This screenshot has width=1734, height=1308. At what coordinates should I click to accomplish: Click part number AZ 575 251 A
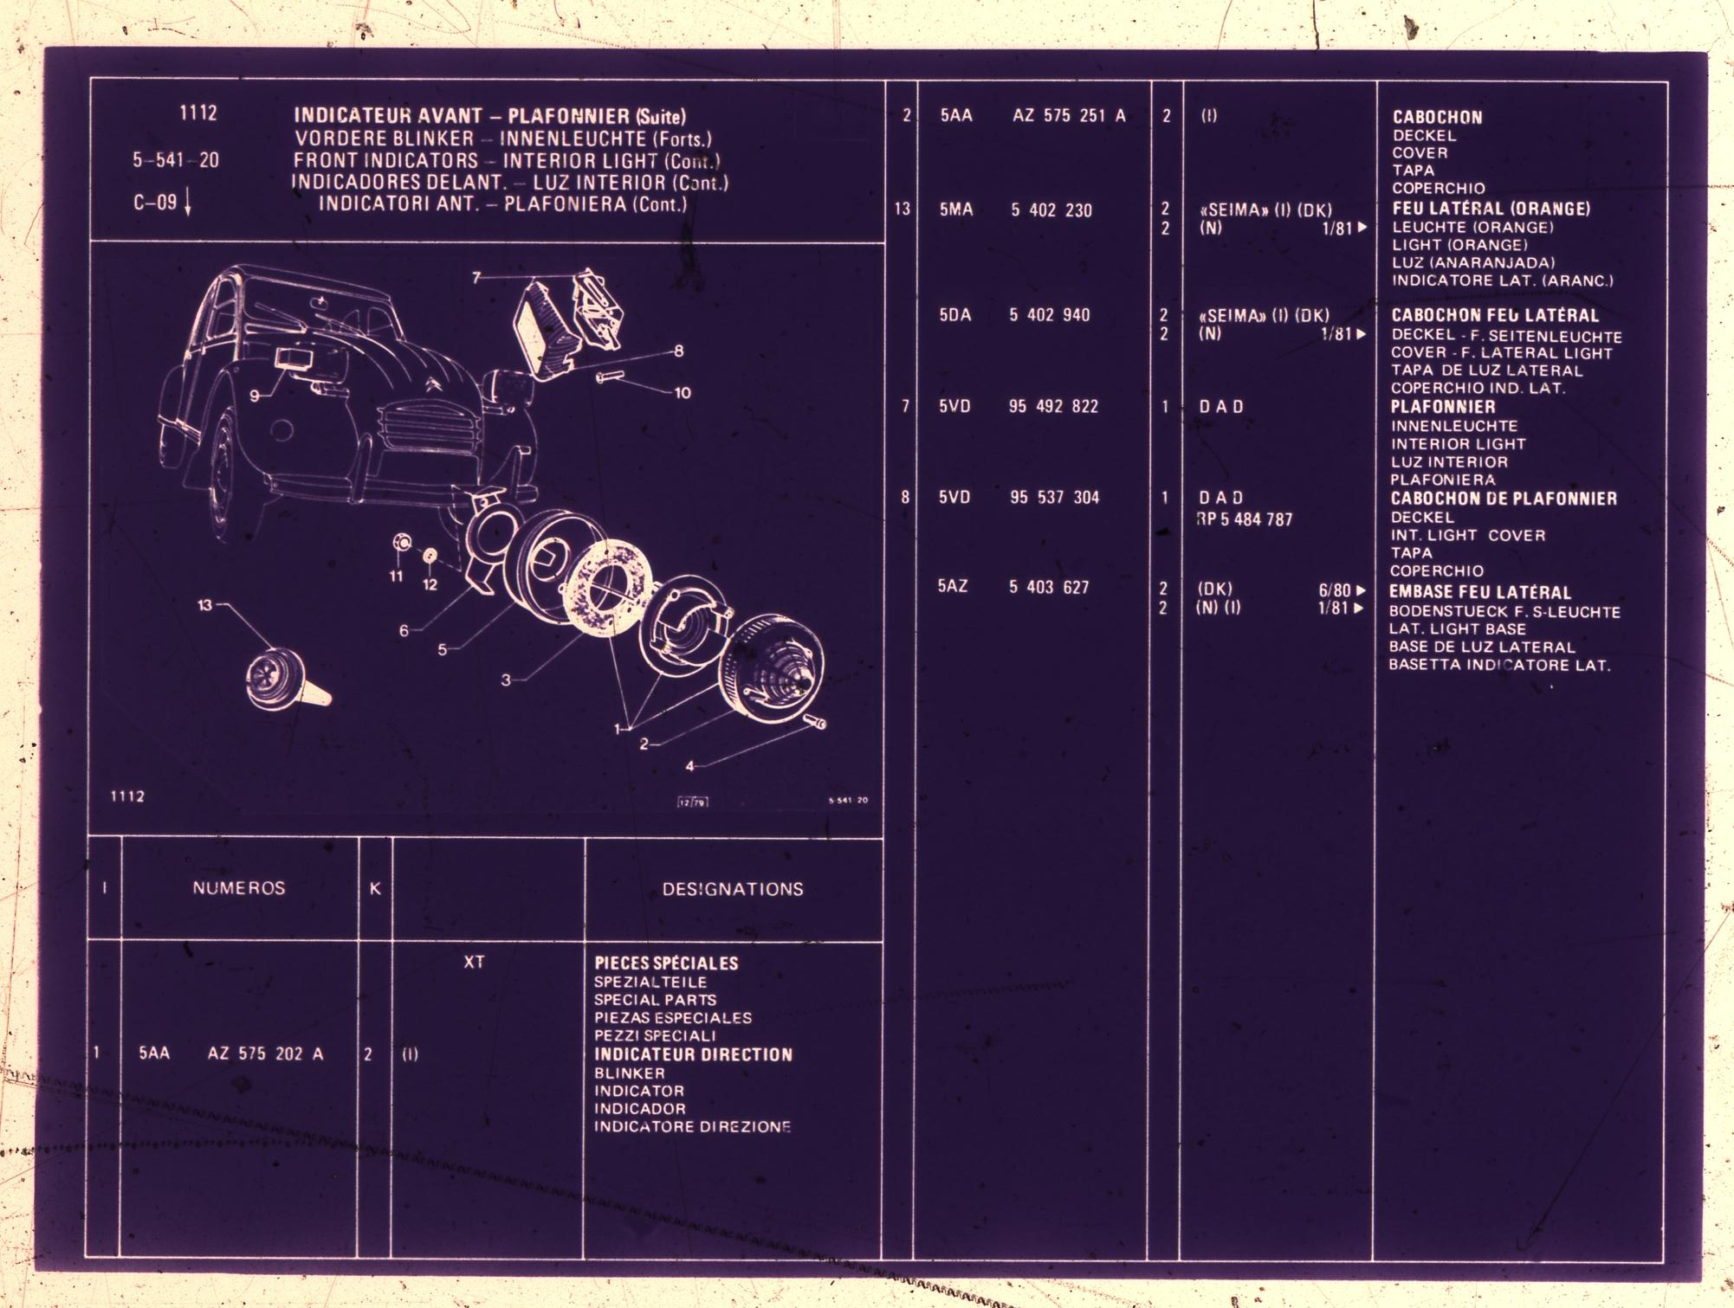pyautogui.click(x=1069, y=115)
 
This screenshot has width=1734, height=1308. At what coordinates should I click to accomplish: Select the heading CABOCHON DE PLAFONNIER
pyautogui.click(x=1504, y=499)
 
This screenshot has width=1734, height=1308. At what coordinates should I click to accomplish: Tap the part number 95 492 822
pyautogui.click(x=1053, y=406)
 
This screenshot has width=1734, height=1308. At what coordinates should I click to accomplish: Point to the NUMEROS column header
pyautogui.click(x=239, y=888)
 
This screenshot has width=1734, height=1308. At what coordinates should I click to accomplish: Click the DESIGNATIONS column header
pyautogui.click(x=733, y=889)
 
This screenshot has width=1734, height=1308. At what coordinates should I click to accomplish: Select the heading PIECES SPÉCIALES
pyautogui.click(x=666, y=963)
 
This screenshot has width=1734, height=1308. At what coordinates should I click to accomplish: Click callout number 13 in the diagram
pyautogui.click(x=204, y=604)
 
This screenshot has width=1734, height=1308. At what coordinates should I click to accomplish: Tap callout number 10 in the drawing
pyautogui.click(x=683, y=393)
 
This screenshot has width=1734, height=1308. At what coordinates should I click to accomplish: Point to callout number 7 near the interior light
pyautogui.click(x=476, y=277)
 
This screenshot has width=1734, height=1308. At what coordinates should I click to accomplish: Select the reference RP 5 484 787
pyautogui.click(x=1245, y=519)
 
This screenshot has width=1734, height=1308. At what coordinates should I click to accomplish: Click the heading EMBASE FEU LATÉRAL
pyautogui.click(x=1480, y=592)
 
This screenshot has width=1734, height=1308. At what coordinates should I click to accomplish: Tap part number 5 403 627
pyautogui.click(x=1049, y=587)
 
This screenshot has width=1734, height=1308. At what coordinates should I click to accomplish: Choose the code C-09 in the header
pyautogui.click(x=155, y=203)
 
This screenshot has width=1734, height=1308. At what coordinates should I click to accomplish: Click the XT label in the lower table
pyautogui.click(x=474, y=962)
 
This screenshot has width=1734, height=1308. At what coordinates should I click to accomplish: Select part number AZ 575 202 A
pyautogui.click(x=265, y=1053)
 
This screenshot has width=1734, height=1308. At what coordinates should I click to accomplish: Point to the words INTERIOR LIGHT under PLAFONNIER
pyautogui.click(x=1459, y=444)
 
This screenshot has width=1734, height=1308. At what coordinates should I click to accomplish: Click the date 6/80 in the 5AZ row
pyautogui.click(x=1335, y=590)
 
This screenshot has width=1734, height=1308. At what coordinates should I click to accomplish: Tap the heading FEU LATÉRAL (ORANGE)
pyautogui.click(x=1491, y=209)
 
